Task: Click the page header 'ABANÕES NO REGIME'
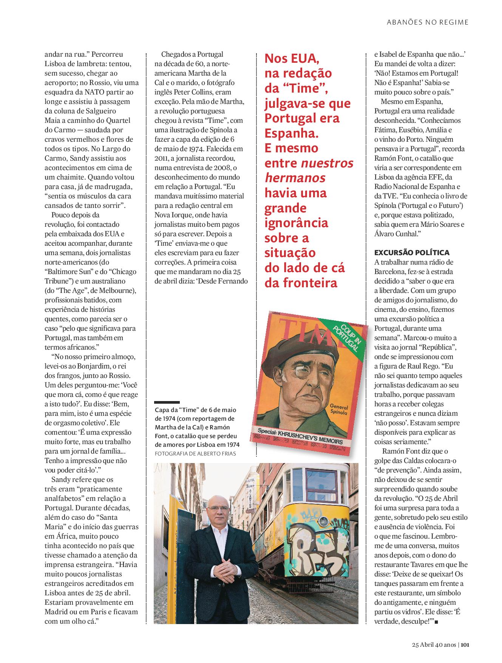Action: [x=428, y=22]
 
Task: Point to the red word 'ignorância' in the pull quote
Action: [x=296, y=223]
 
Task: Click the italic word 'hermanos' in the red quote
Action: [x=295, y=178]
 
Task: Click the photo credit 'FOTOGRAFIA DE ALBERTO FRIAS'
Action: [x=195, y=453]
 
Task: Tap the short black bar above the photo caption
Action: [x=167, y=403]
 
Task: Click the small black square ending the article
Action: [x=436, y=622]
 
